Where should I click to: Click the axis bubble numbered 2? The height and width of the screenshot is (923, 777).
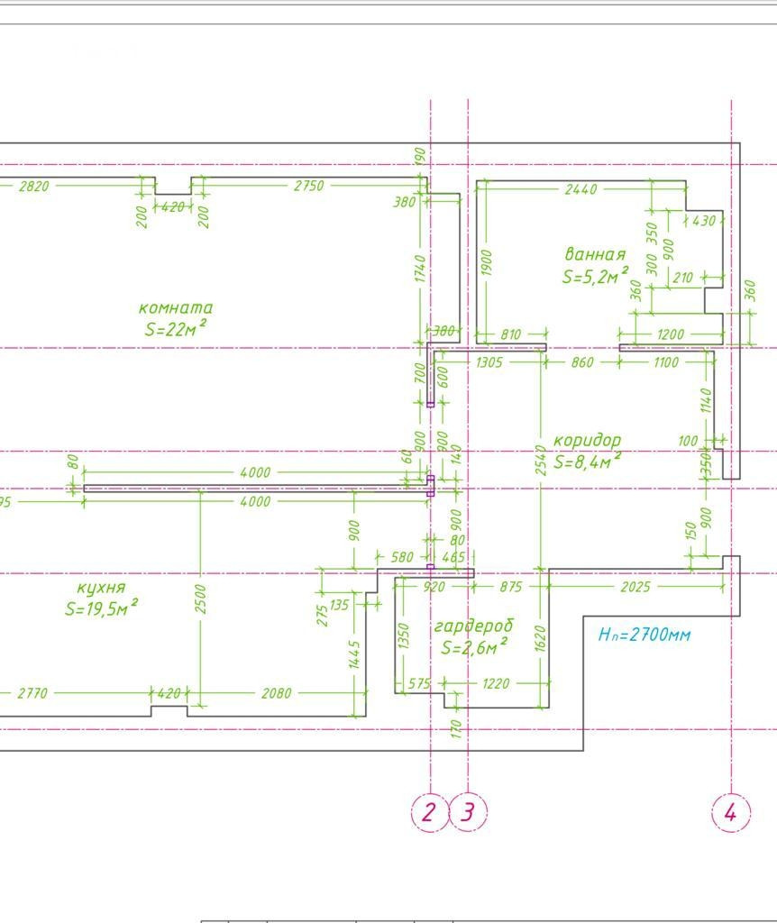pyautogui.click(x=430, y=812)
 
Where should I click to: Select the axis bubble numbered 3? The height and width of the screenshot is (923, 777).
pyautogui.click(x=468, y=812)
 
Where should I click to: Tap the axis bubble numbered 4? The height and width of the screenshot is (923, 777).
pyautogui.click(x=731, y=812)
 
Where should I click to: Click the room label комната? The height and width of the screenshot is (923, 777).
pyautogui.click(x=176, y=307)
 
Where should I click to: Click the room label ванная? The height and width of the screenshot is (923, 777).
pyautogui.click(x=595, y=254)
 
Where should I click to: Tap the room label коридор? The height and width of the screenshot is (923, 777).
pyautogui.click(x=587, y=440)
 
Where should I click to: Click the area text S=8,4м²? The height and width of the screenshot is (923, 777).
pyautogui.click(x=587, y=461)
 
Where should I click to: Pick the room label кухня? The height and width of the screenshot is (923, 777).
pyautogui.click(x=101, y=588)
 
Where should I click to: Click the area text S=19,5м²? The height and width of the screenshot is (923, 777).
pyautogui.click(x=101, y=608)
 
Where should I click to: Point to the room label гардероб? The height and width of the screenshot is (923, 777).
pyautogui.click(x=473, y=626)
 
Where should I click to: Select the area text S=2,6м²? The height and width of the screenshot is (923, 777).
pyautogui.click(x=473, y=646)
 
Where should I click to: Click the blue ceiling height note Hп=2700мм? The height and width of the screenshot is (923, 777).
pyautogui.click(x=644, y=635)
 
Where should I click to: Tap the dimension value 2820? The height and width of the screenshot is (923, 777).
pyautogui.click(x=34, y=187)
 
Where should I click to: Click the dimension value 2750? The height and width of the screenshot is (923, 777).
pyautogui.click(x=308, y=187)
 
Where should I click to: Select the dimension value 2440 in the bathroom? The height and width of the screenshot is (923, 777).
pyautogui.click(x=580, y=189)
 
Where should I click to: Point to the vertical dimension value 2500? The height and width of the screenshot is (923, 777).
pyautogui.click(x=201, y=599)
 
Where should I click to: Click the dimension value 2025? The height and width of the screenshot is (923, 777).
pyautogui.click(x=636, y=587)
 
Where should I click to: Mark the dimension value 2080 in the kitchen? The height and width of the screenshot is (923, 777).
pyautogui.click(x=276, y=693)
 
